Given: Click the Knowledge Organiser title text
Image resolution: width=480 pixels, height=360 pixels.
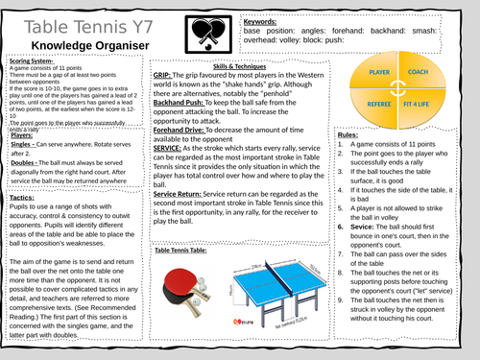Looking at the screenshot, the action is [78, 47].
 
